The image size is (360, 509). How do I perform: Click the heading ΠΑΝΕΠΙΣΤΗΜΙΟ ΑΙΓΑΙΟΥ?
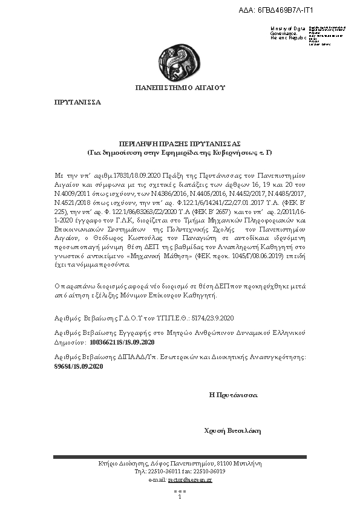click(180, 88)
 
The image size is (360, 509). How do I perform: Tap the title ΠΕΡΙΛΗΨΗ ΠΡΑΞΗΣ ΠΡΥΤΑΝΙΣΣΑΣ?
click(180, 143)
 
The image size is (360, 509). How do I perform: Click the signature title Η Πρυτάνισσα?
click(233, 394)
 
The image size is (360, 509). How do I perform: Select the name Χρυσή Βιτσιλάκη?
click(232, 430)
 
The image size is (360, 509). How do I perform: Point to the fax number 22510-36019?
click(210, 471)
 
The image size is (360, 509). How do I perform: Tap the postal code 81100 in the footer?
click(224, 464)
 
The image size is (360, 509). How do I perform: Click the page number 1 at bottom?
click(180, 497)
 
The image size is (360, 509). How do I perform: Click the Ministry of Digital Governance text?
click(289, 33)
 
